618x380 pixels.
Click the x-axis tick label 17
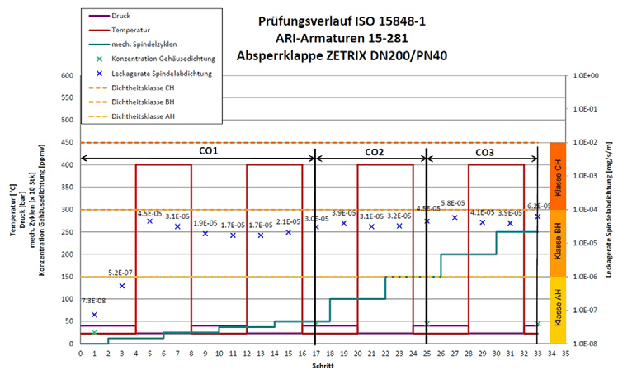click(x=316, y=353)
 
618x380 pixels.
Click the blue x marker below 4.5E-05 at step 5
click(x=150, y=221)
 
